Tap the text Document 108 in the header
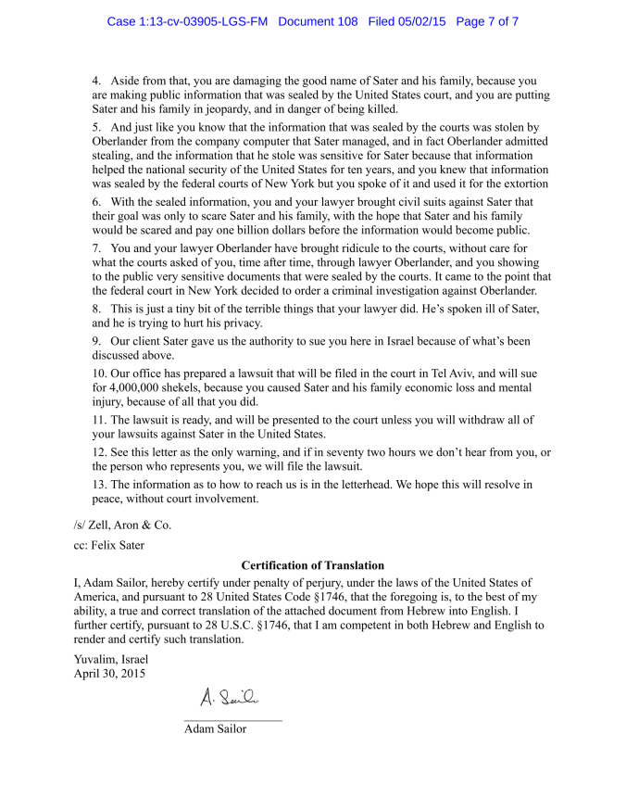pos(318,21)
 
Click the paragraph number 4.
pos(96,82)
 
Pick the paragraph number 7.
pos(96,248)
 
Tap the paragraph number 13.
pos(99,485)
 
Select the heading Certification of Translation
pos(312,565)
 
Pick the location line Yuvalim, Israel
pos(111,659)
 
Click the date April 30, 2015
pos(109,673)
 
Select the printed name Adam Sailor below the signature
pos(215,728)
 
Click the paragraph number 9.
pos(96,341)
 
